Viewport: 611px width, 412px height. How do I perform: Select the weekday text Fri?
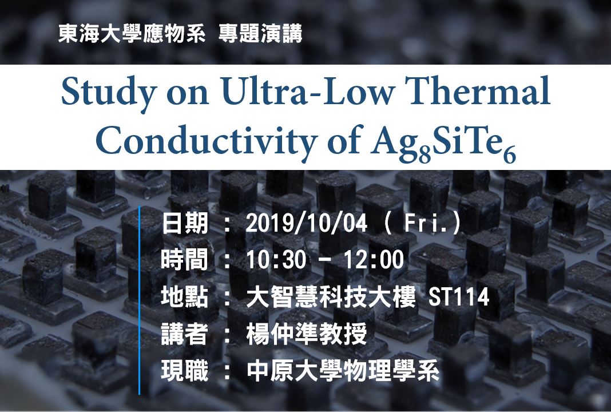(x=423, y=224)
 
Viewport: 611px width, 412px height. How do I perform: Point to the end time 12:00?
(x=376, y=261)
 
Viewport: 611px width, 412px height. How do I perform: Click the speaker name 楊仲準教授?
(x=306, y=335)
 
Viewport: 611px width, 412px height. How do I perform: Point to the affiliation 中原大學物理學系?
(x=343, y=372)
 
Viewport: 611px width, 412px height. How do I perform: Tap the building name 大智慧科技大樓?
(x=331, y=298)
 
